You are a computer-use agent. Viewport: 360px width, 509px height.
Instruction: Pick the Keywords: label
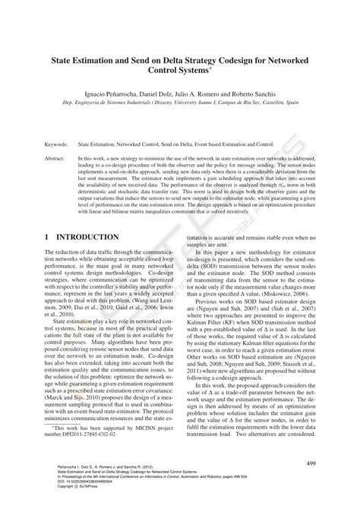pos(58,142)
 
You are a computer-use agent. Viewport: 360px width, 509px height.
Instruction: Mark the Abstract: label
pos(56,157)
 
